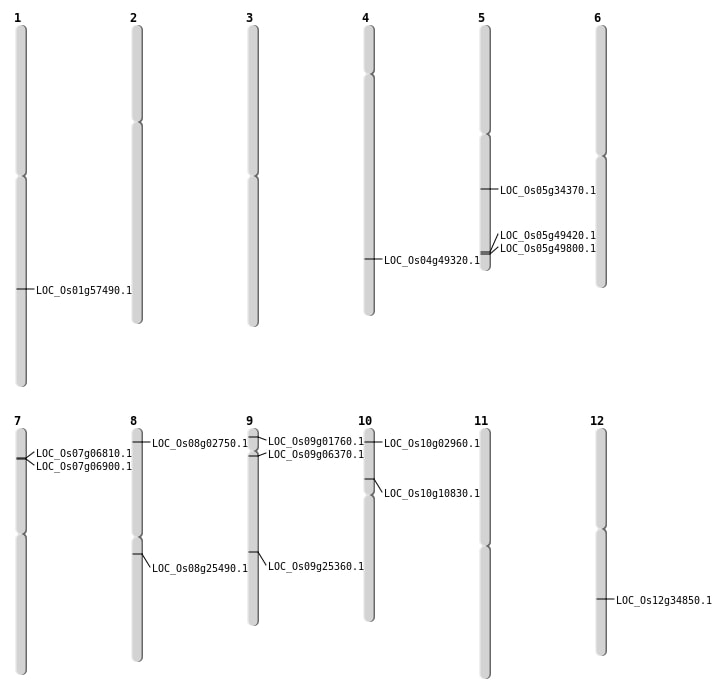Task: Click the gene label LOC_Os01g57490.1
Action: pos(84,291)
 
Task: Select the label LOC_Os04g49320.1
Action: pos(432,261)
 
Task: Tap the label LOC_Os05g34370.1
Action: pos(548,191)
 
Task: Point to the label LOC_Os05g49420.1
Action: pos(548,236)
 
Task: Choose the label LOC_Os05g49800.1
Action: pos(548,249)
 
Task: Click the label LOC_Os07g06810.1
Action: pos(84,454)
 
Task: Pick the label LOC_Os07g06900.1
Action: pos(84,467)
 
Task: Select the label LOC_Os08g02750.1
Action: pos(200,444)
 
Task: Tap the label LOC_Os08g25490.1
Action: pos(200,569)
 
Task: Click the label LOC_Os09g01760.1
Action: pos(316,442)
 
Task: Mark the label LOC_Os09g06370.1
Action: pos(316,455)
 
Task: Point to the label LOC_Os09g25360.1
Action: pos(316,567)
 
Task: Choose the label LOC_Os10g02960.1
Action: pos(432,444)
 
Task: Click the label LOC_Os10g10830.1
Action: pos(432,494)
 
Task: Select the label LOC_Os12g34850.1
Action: pos(664,601)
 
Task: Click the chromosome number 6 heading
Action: pos(597,18)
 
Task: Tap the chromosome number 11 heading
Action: pos(481,421)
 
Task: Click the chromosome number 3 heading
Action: pos(249,18)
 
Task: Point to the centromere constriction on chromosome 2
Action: pos(137,121)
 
